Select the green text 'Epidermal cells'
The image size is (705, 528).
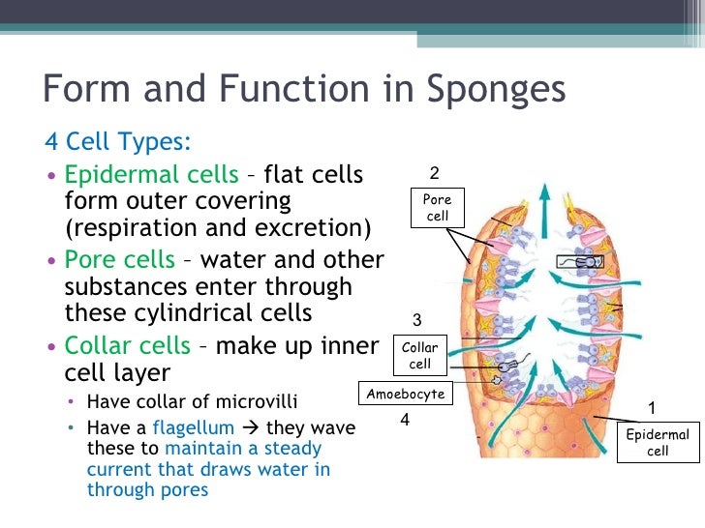point(151,175)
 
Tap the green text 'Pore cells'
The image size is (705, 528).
point(119,260)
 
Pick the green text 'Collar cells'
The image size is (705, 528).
point(126,345)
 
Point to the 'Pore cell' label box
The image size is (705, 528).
point(438,208)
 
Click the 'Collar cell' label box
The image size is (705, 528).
point(419,355)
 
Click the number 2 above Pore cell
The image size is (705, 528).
point(435,174)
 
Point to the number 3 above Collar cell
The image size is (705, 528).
point(417,320)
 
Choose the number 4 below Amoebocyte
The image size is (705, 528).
point(406,421)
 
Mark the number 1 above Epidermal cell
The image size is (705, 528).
point(652,407)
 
